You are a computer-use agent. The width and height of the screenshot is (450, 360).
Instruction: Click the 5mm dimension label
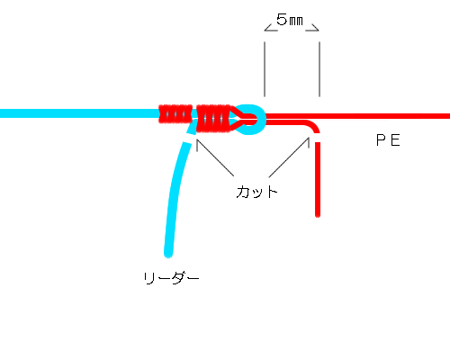(x=290, y=20)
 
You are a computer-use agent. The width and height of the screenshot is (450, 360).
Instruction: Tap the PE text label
(x=388, y=140)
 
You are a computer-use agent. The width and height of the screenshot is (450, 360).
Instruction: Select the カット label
(x=256, y=192)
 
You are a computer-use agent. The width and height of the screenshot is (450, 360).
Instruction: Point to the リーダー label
(x=171, y=278)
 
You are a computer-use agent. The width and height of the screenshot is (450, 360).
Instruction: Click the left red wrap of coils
(x=175, y=114)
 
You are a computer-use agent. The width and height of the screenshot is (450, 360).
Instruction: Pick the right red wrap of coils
(x=213, y=119)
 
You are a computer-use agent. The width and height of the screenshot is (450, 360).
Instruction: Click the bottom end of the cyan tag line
(x=168, y=255)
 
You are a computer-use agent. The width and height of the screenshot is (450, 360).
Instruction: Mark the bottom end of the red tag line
(x=318, y=214)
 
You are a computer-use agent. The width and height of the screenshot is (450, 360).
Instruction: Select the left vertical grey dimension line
(x=265, y=69)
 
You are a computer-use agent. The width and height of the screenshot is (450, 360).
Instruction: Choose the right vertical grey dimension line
(x=319, y=69)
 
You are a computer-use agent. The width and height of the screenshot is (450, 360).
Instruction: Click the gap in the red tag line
(x=318, y=138)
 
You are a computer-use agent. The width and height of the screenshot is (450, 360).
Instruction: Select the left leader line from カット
(x=215, y=157)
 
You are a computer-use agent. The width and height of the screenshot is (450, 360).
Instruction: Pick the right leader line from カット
(x=289, y=157)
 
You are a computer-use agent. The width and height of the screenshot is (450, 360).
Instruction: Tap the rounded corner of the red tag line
(x=313, y=125)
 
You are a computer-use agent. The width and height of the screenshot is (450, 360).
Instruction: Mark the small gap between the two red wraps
(x=194, y=114)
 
